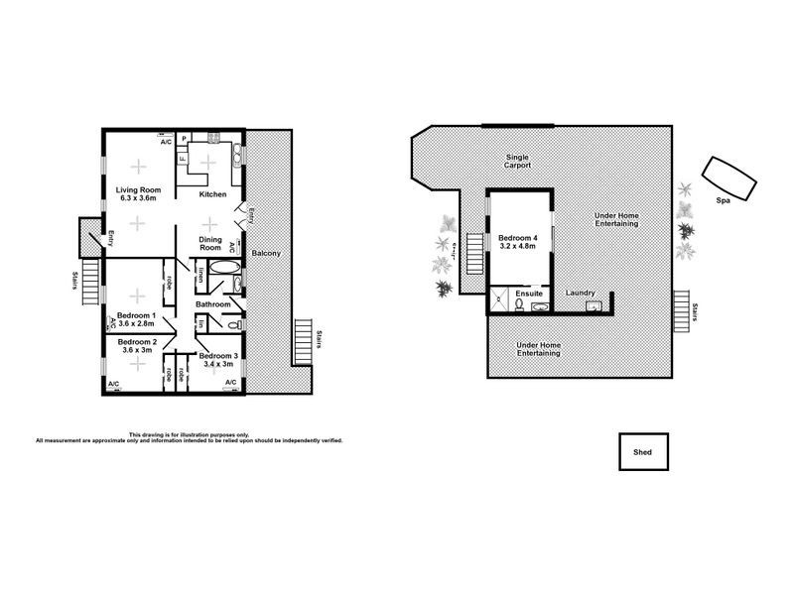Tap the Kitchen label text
pyautogui.click(x=213, y=194)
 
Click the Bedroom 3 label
pyautogui.click(x=216, y=355)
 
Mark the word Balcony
pyautogui.click(x=266, y=253)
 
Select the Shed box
pyautogui.click(x=643, y=451)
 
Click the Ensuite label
pyautogui.click(x=529, y=294)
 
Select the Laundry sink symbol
pyautogui.click(x=594, y=306)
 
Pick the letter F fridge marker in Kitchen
pyautogui.click(x=183, y=158)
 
